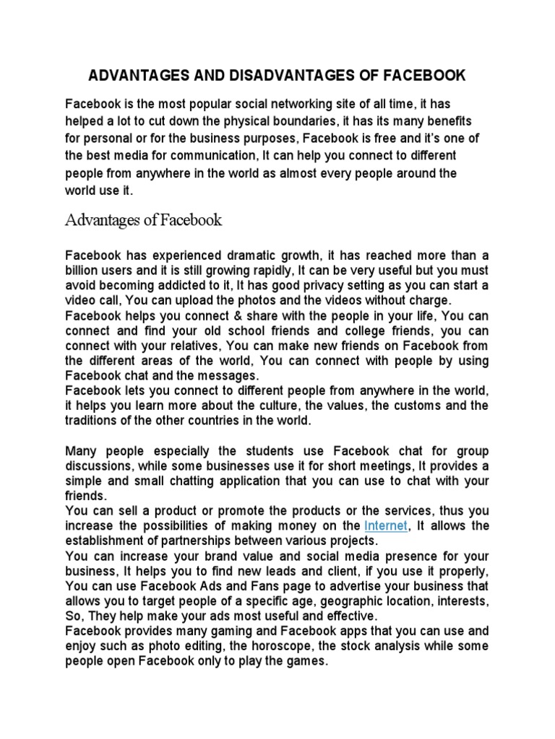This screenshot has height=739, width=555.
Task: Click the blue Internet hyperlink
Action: [386, 525]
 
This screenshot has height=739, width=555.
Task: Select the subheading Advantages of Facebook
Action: [144, 220]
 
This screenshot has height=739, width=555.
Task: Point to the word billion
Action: [83, 270]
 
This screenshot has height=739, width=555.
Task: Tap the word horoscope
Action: [277, 645]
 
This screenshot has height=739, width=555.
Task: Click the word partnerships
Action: [199, 540]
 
